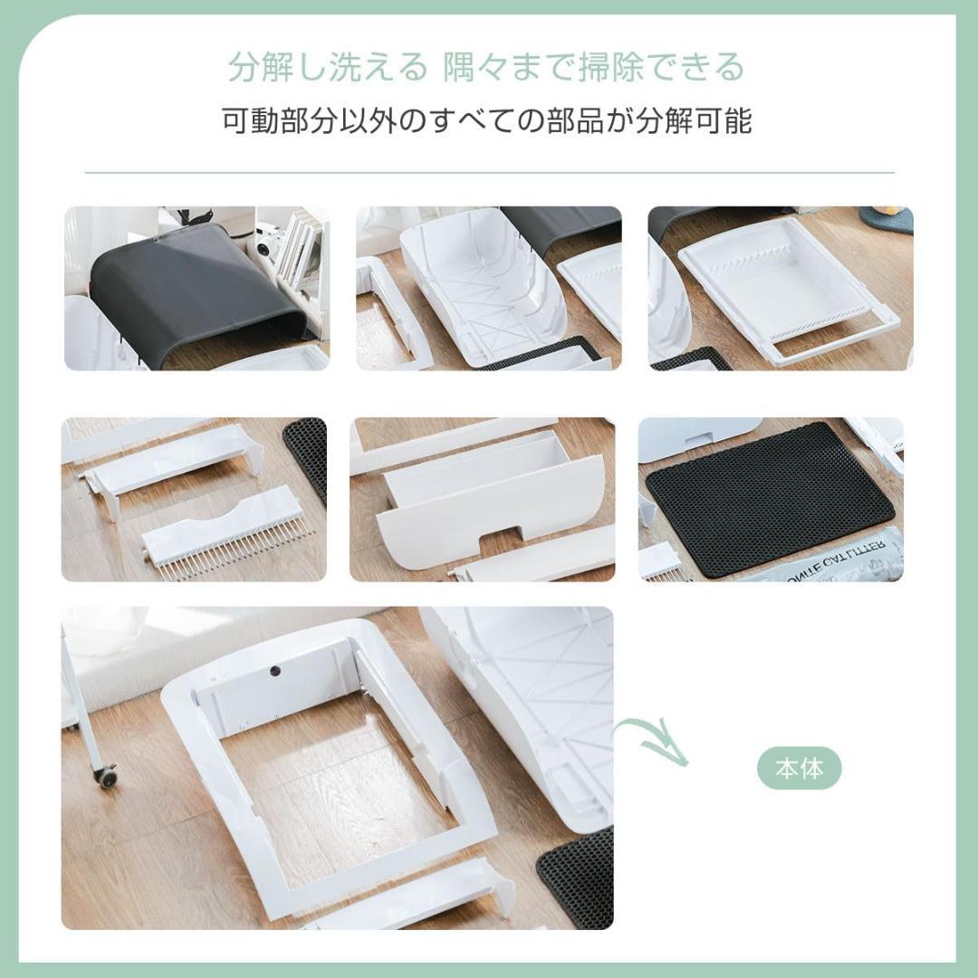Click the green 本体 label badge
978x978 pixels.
(x=800, y=770)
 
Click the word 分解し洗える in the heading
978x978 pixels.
(x=326, y=67)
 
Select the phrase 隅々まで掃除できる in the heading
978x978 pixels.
(x=594, y=67)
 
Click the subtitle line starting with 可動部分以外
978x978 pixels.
(x=487, y=120)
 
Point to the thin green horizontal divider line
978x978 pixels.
(x=489, y=172)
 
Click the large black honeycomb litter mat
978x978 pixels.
(x=770, y=498)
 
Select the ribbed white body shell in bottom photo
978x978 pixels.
(x=534, y=697)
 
